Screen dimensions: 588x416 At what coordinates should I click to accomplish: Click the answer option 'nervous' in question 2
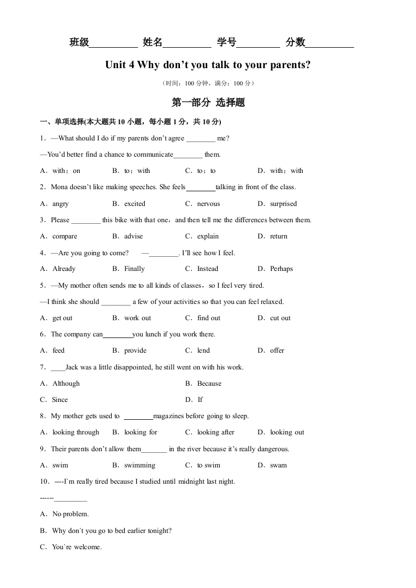tap(208, 204)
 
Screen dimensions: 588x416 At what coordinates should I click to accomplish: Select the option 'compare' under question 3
tap(65, 236)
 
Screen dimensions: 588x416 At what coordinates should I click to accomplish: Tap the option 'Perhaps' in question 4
tap(281, 269)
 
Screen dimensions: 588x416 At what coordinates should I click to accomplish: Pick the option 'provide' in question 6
tap(135, 351)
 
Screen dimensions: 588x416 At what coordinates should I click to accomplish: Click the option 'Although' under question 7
tap(66, 384)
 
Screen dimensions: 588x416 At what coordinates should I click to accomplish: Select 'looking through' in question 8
tap(76, 432)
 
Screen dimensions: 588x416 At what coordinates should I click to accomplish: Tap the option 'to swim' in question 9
tap(208, 465)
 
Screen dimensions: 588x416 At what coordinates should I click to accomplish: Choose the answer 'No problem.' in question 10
tap(70, 514)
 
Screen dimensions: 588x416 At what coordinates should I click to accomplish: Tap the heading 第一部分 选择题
tap(208, 103)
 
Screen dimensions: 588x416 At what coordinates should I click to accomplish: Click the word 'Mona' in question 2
tap(60, 187)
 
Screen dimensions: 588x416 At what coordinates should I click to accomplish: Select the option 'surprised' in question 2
tap(283, 204)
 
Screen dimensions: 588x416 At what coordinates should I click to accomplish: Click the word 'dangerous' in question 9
tap(272, 449)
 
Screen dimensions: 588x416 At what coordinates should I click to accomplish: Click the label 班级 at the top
tap(79, 43)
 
